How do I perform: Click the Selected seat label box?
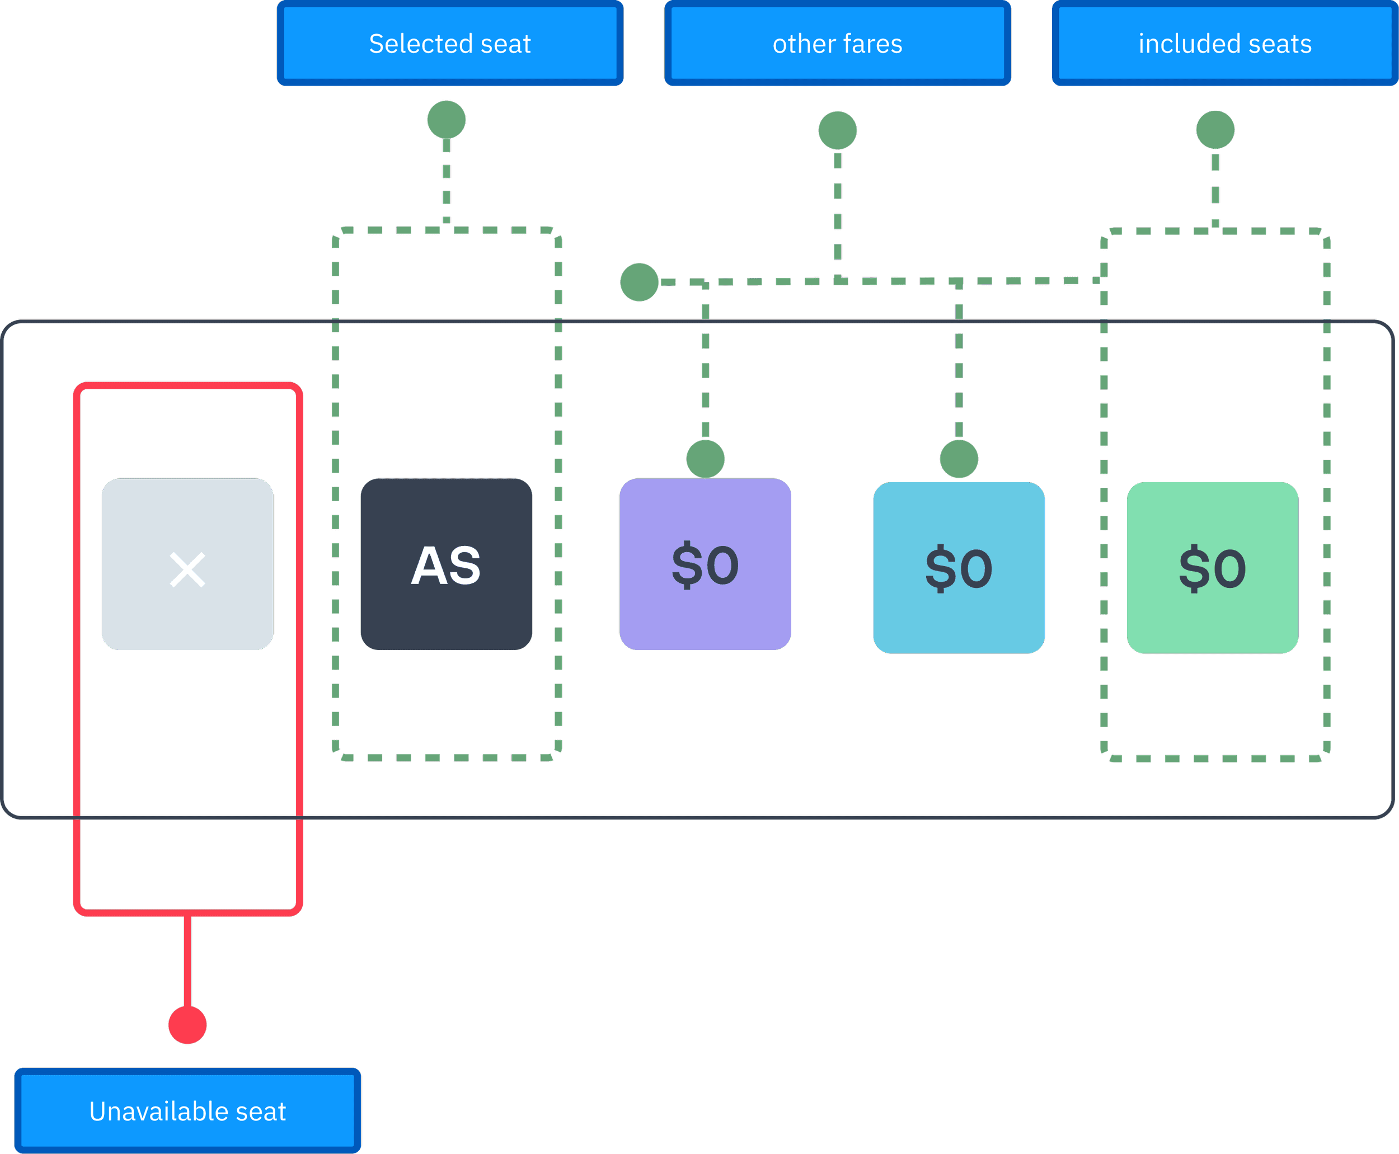click(450, 44)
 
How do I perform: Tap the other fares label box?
click(837, 44)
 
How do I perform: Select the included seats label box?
click(1225, 44)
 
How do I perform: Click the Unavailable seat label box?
click(187, 1111)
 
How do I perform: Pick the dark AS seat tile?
click(446, 564)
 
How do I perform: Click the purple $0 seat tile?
click(705, 564)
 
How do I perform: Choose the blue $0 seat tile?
click(959, 568)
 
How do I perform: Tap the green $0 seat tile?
click(1213, 568)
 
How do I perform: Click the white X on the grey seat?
click(187, 569)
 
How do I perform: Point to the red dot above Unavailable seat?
click(187, 1025)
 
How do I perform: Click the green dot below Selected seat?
click(446, 120)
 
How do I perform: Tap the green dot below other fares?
click(837, 130)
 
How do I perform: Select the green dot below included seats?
click(1215, 130)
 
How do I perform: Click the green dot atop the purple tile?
click(705, 459)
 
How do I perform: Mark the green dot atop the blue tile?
click(959, 459)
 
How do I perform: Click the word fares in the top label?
click(872, 44)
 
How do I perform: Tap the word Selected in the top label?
click(421, 44)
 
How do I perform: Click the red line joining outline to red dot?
click(187, 961)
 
